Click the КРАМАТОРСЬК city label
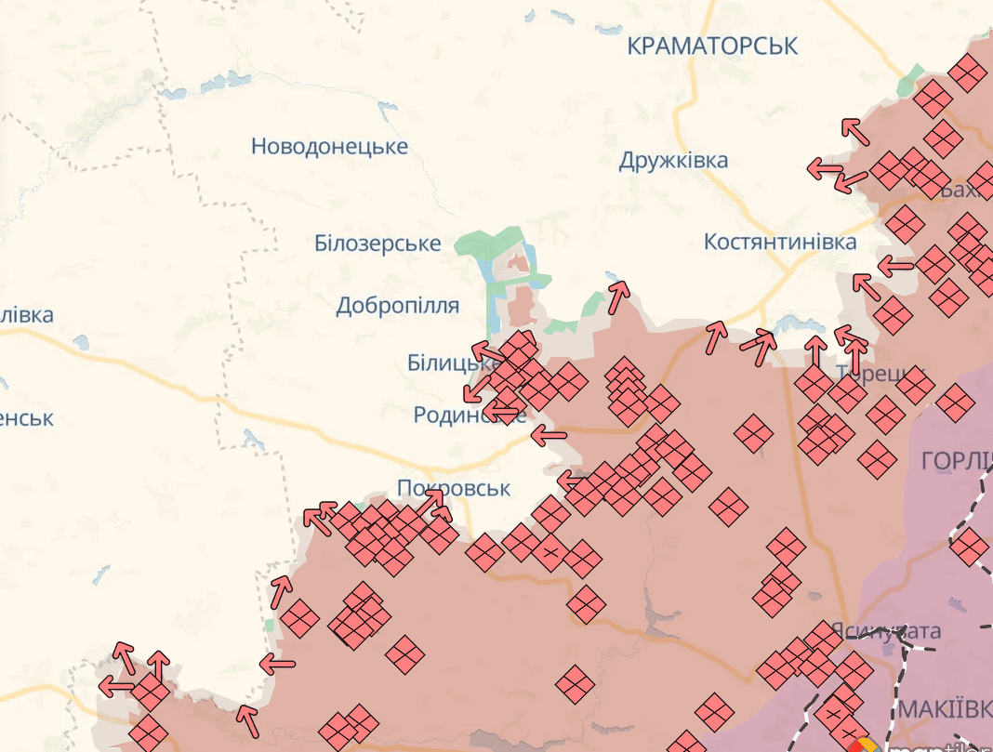712,46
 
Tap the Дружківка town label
673,161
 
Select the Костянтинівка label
780,243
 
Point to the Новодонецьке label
329,147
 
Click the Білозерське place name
377,244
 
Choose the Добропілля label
397,306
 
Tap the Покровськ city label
454,488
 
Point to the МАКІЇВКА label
944,709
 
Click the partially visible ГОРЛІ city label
956,460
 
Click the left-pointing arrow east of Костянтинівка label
894,266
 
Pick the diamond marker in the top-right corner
968,72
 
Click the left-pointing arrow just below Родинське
549,434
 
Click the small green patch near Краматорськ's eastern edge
910,81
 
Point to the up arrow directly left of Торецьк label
814,351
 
